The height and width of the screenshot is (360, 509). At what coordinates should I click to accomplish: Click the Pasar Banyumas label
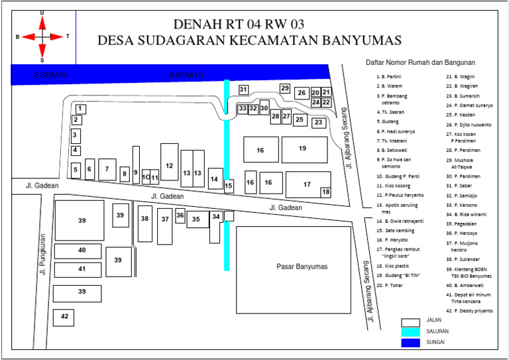[302, 267]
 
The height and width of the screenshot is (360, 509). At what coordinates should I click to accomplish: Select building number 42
[64, 318]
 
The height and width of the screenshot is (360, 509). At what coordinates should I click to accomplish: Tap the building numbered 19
[304, 149]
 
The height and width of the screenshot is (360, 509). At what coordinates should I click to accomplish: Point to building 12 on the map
[169, 165]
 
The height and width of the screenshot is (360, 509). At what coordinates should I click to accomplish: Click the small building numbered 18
[325, 192]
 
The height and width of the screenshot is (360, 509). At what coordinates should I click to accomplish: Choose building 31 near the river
[243, 90]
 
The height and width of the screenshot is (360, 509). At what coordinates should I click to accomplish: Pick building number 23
[319, 123]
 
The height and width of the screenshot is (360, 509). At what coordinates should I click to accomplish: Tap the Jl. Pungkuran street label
[42, 253]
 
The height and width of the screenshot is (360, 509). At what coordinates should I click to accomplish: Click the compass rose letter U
[42, 13]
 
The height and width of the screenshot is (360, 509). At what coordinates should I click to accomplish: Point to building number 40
[82, 251]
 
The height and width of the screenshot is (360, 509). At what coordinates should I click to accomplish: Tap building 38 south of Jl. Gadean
[145, 219]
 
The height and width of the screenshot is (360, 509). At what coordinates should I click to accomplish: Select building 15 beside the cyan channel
[229, 186]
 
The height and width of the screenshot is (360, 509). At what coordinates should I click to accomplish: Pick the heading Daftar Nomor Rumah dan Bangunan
[421, 62]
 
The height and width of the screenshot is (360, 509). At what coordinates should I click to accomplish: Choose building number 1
[80, 108]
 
